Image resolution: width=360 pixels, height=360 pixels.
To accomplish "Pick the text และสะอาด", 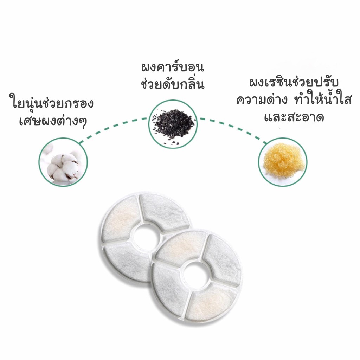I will [294, 117].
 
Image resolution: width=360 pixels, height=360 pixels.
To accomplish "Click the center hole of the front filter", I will [196, 273].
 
